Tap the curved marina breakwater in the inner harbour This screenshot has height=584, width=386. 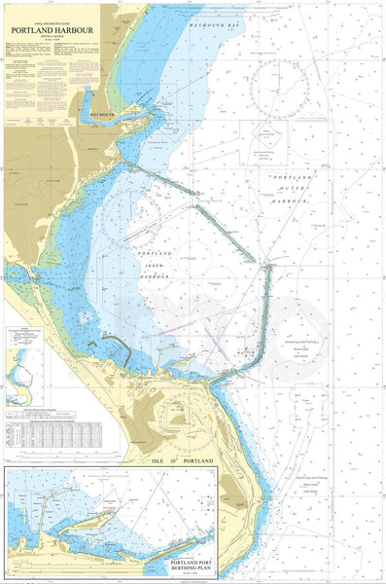[115, 343]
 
